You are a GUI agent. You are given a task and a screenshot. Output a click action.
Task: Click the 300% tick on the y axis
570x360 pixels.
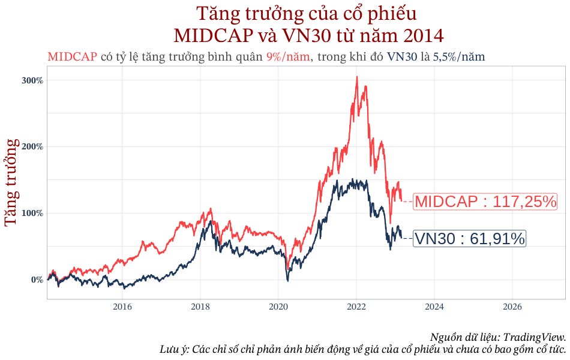click(x=34, y=80)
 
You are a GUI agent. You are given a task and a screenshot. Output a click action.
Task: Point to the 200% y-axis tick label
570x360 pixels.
click(x=34, y=146)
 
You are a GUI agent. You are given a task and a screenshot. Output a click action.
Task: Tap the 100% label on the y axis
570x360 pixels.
click(x=34, y=213)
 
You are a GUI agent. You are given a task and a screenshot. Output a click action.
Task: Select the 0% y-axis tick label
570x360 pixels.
click(x=37, y=280)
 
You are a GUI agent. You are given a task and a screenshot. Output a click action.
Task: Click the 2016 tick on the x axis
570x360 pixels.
click(x=122, y=307)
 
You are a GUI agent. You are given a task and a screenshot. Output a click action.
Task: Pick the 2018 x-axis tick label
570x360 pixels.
click(x=200, y=307)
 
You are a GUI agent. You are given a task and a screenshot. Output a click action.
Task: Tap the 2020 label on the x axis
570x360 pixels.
click(x=278, y=307)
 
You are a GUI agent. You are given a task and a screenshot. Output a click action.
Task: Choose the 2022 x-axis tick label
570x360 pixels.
click(x=356, y=307)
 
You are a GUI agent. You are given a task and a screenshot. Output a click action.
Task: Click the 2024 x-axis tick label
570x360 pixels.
click(x=434, y=307)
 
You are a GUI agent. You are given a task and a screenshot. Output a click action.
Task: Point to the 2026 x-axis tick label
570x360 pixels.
click(x=512, y=307)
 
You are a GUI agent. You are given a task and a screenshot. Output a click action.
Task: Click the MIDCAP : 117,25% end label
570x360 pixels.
click(x=485, y=202)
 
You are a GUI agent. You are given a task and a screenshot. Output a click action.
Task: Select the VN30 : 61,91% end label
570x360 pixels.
click(x=470, y=239)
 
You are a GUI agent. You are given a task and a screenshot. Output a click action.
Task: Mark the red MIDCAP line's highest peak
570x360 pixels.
click(x=356, y=77)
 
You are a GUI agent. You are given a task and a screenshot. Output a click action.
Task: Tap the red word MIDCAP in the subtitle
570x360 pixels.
click(x=72, y=57)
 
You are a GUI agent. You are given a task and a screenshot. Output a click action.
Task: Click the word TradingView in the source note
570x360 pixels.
click(x=535, y=337)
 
